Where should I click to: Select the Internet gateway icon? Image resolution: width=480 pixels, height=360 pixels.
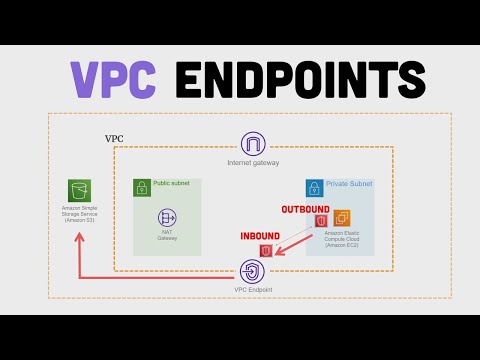[x=253, y=145]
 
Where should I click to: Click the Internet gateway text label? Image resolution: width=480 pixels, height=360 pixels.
[x=253, y=163]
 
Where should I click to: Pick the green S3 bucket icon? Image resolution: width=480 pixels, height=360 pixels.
[x=78, y=190]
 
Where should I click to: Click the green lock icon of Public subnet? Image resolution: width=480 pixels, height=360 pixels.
[x=141, y=186]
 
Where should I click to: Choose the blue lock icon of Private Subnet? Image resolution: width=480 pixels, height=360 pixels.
[x=314, y=186]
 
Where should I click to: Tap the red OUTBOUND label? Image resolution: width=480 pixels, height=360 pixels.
[x=303, y=209]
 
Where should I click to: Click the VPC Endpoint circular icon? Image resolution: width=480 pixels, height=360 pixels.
[x=253, y=270]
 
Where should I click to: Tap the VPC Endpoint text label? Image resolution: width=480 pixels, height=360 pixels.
[x=253, y=290]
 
